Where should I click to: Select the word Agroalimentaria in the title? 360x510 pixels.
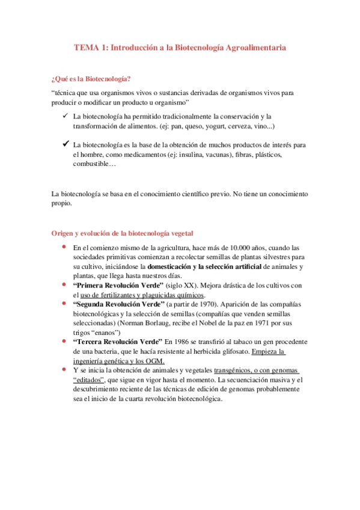click(x=255, y=46)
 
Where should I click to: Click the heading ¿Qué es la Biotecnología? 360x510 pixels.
click(x=91, y=79)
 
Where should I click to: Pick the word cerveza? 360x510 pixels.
click(x=237, y=126)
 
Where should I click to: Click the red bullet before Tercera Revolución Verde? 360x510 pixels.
click(x=64, y=340)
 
